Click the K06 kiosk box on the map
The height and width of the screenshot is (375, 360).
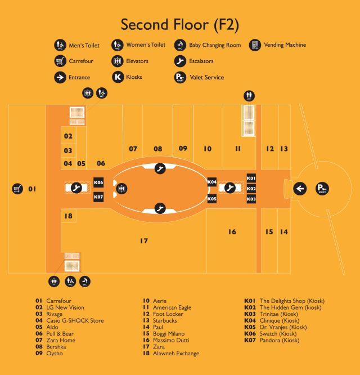coord(98,182)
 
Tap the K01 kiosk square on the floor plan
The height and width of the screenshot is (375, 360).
coord(251,178)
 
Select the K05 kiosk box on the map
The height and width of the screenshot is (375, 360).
coord(212,199)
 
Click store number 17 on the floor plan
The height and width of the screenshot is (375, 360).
coord(144,241)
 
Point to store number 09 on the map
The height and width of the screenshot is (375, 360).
coord(183,148)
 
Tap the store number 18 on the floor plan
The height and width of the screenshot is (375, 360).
coord(68,216)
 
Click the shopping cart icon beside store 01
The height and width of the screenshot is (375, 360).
coord(17,189)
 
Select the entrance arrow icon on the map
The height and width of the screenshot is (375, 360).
coord(300,189)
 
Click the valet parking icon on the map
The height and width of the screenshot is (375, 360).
coord(322,189)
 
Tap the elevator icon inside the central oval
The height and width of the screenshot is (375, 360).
coord(121,189)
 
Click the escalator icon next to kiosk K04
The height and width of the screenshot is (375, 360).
coord(230,187)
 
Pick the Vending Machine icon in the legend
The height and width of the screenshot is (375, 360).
coord(255,45)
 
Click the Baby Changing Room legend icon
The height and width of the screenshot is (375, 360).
coord(180,45)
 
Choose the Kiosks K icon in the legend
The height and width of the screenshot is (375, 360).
coord(118,77)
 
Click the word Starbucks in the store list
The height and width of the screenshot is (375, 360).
coord(165,320)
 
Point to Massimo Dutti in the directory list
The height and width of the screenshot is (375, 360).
coord(171,340)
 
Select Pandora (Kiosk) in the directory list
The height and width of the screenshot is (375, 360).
coord(280,340)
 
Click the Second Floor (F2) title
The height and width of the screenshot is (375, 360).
coord(180,25)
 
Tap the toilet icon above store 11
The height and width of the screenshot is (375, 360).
coord(249,96)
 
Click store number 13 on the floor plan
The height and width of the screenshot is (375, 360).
coord(284,149)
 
